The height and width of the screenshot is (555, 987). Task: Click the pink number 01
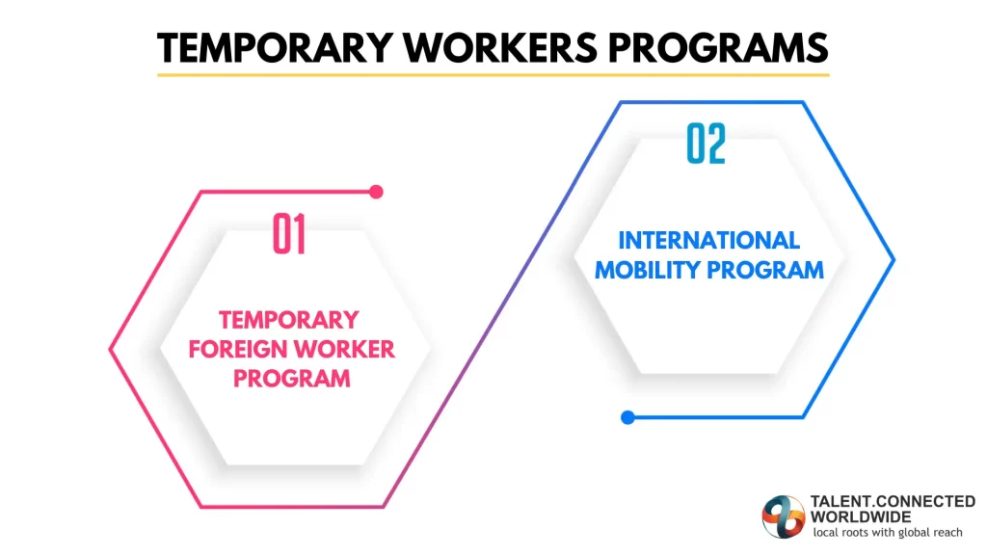pos(289,234)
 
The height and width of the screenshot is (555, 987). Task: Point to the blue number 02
pos(706,145)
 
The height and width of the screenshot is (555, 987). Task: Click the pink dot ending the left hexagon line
pos(376,192)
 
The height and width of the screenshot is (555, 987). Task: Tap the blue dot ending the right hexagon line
pos(627,417)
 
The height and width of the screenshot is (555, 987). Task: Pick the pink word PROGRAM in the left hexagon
pos(291,379)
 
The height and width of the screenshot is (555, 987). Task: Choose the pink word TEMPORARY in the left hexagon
pos(289,319)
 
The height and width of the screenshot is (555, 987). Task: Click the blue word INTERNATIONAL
pos(708,240)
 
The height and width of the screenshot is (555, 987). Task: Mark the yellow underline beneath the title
pos(493,74)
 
